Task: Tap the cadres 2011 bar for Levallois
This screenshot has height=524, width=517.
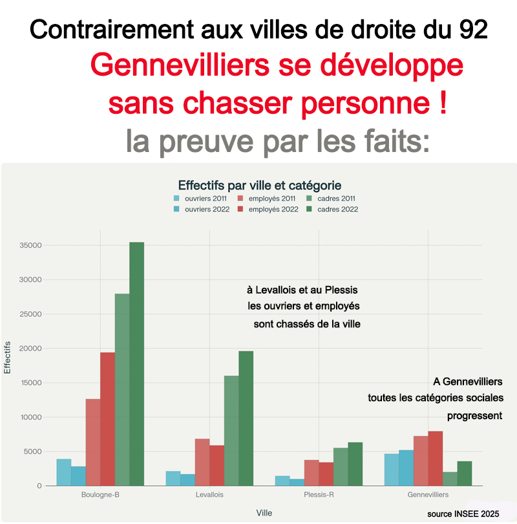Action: point(231,430)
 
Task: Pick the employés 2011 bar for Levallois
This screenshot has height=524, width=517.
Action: point(202,462)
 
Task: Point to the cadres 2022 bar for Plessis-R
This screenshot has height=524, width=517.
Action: point(355,464)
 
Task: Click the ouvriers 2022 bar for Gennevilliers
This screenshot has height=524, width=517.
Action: point(406,468)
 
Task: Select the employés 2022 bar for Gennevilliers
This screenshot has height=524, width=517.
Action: point(436,458)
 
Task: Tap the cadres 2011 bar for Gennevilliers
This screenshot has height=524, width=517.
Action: point(450,479)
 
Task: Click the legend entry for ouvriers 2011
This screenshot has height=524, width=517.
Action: point(201,199)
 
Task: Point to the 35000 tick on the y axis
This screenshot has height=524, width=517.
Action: point(31,246)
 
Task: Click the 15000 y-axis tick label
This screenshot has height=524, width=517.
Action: point(31,383)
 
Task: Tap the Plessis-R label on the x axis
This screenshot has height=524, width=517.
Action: point(319,495)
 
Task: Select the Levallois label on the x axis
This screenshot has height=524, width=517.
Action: point(209,495)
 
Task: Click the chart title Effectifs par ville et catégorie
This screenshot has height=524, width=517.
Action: point(259,184)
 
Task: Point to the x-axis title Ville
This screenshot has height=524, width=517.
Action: point(264,513)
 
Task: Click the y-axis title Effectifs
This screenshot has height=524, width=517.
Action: point(8,357)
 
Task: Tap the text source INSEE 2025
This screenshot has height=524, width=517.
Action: point(463,514)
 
